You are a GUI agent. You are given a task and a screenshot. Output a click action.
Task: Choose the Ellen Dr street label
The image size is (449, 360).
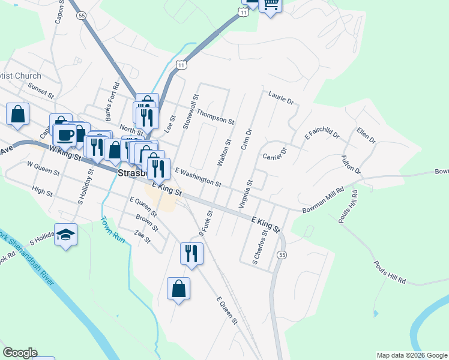366,136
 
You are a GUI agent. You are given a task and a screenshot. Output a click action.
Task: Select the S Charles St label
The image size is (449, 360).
259,245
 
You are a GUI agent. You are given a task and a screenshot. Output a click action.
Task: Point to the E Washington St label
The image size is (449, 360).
198,176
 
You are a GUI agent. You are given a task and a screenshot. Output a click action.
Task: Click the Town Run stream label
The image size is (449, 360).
112,229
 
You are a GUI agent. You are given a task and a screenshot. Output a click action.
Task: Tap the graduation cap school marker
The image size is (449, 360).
65,235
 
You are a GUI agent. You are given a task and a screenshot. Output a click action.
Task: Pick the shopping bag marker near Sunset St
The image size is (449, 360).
18,114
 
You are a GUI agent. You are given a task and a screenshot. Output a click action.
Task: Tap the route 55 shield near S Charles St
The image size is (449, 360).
281,255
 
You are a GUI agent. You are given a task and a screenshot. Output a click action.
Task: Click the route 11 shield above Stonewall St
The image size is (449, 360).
181,64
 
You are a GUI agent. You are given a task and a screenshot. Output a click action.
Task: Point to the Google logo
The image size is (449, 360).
20,353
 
